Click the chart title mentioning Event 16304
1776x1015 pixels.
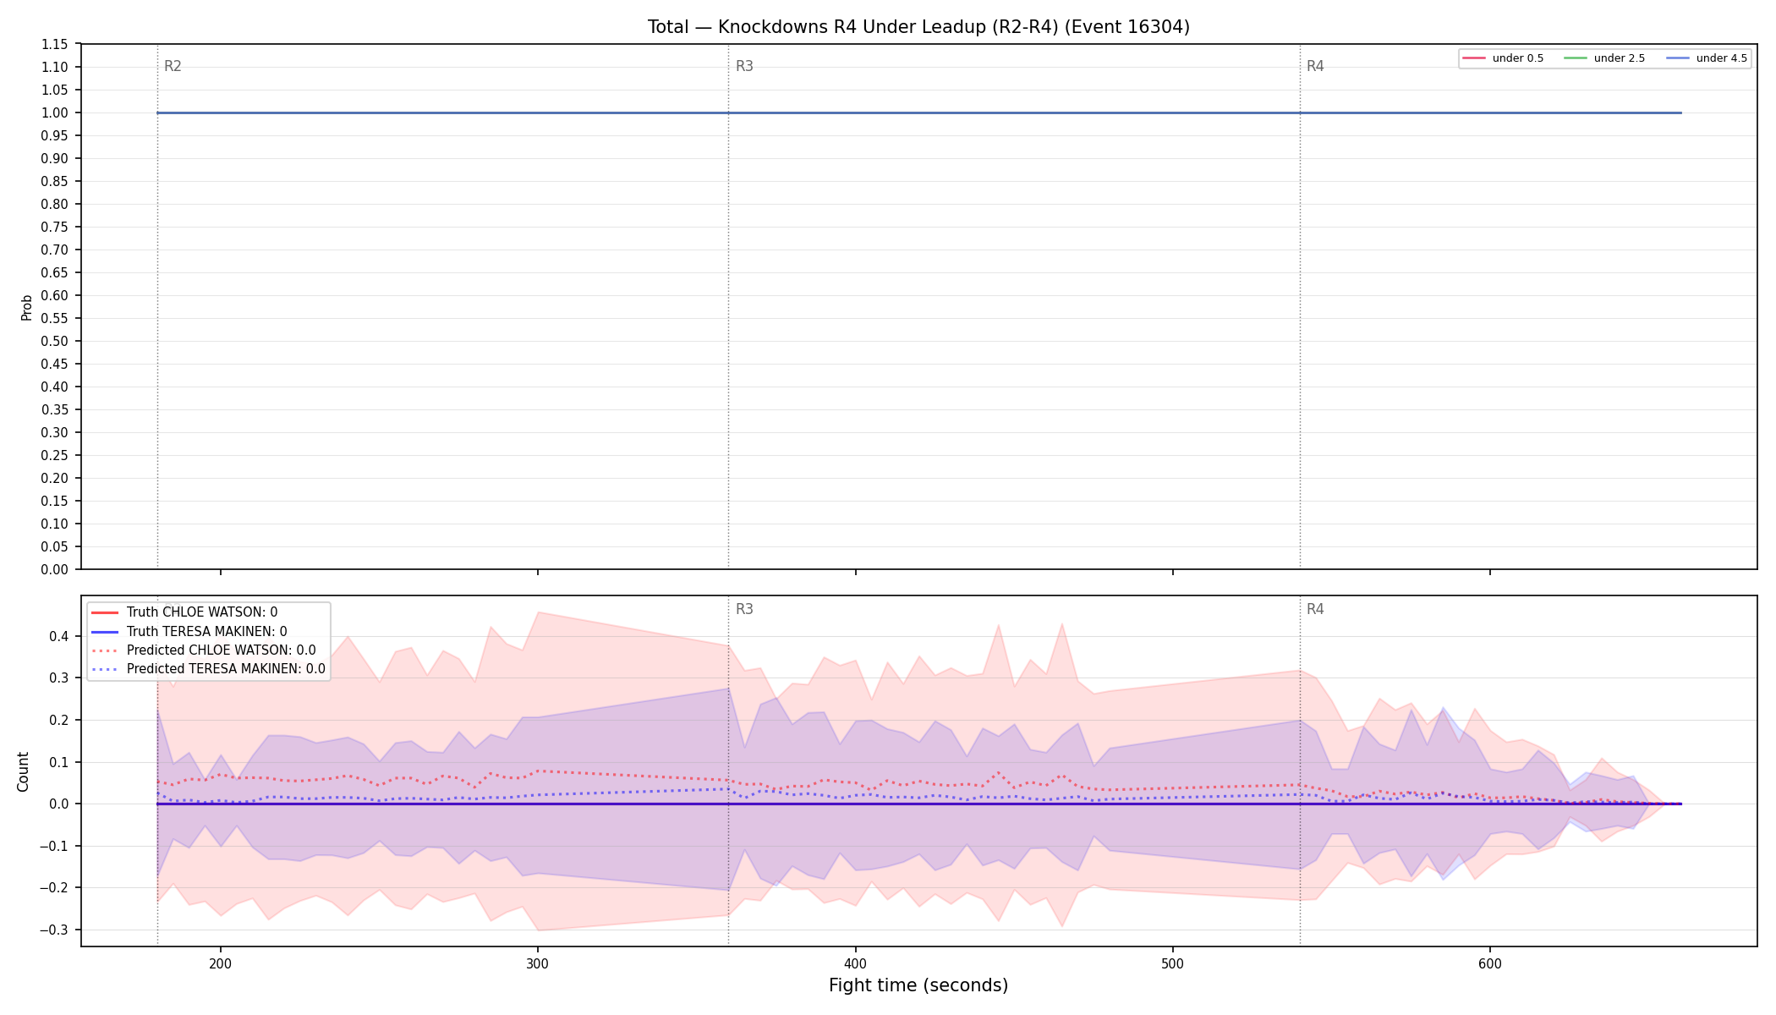click(918, 27)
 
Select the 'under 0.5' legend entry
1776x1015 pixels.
click(1504, 58)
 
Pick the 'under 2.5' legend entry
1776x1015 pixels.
click(1605, 58)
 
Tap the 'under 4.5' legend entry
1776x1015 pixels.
click(1707, 58)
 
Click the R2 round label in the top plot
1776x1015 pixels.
click(173, 66)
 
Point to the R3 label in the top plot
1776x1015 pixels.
click(744, 66)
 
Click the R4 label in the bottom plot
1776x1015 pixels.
click(1315, 609)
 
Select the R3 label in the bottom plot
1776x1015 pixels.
click(744, 609)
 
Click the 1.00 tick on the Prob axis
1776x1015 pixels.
click(55, 112)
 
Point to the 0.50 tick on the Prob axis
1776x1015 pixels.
click(55, 341)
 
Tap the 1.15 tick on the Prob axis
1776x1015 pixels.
click(55, 44)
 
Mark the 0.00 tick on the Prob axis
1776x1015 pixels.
click(55, 569)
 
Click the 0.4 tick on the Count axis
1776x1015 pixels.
click(59, 636)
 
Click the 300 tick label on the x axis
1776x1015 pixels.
click(538, 963)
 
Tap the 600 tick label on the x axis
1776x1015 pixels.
click(1490, 963)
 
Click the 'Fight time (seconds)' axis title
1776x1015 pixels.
click(918, 985)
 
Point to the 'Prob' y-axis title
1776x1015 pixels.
click(27, 307)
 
